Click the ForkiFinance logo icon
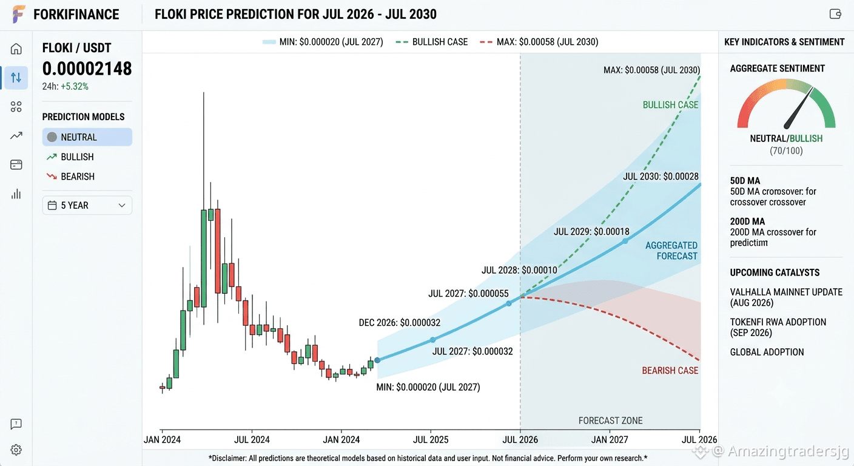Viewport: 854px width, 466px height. click(18, 14)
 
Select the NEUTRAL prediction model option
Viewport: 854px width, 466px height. click(87, 137)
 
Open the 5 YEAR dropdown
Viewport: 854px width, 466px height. click(87, 206)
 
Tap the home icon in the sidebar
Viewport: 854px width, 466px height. click(16, 49)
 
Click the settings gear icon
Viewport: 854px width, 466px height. click(16, 450)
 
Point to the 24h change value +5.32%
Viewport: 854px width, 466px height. click(75, 87)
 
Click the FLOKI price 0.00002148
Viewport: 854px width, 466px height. click(87, 69)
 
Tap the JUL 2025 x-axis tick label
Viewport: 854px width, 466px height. click(431, 440)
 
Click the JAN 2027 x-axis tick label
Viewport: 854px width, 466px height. click(610, 440)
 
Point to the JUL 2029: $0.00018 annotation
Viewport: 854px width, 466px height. click(591, 231)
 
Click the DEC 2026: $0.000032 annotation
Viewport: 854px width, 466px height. click(400, 323)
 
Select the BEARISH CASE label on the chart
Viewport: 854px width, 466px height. click(670, 370)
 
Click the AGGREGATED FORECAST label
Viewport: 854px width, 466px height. click(671, 251)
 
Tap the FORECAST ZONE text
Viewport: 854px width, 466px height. click(610, 420)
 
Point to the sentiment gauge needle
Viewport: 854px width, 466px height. click(798, 108)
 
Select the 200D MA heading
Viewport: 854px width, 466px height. click(747, 221)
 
